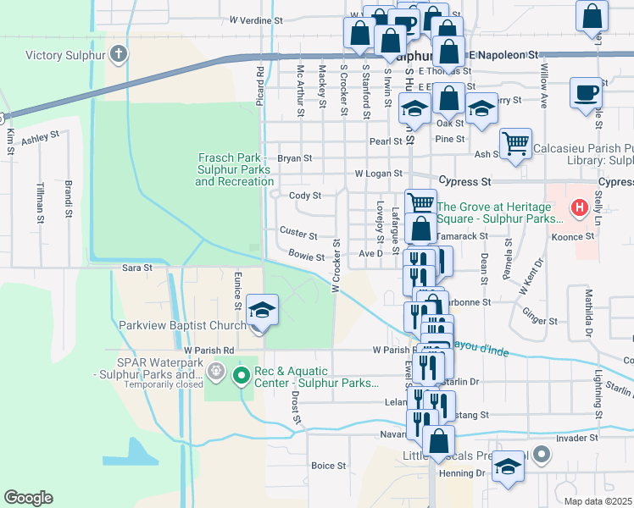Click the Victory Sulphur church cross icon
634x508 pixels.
pos(118,55)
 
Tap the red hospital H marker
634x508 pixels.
pos(580,207)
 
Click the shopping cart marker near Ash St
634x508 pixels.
pos(515,144)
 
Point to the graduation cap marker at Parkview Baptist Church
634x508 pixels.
pos(263,311)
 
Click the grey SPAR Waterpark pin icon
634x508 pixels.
pos(216,370)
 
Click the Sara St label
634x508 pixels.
pos(136,268)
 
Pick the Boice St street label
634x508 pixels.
pos(329,466)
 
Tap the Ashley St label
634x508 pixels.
pos(40,137)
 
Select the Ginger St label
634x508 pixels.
pos(539,321)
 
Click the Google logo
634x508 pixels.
pos(28,498)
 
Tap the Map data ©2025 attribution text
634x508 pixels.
pos(598,501)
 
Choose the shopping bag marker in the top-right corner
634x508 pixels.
pos(592,16)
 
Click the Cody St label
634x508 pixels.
pos(305,196)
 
